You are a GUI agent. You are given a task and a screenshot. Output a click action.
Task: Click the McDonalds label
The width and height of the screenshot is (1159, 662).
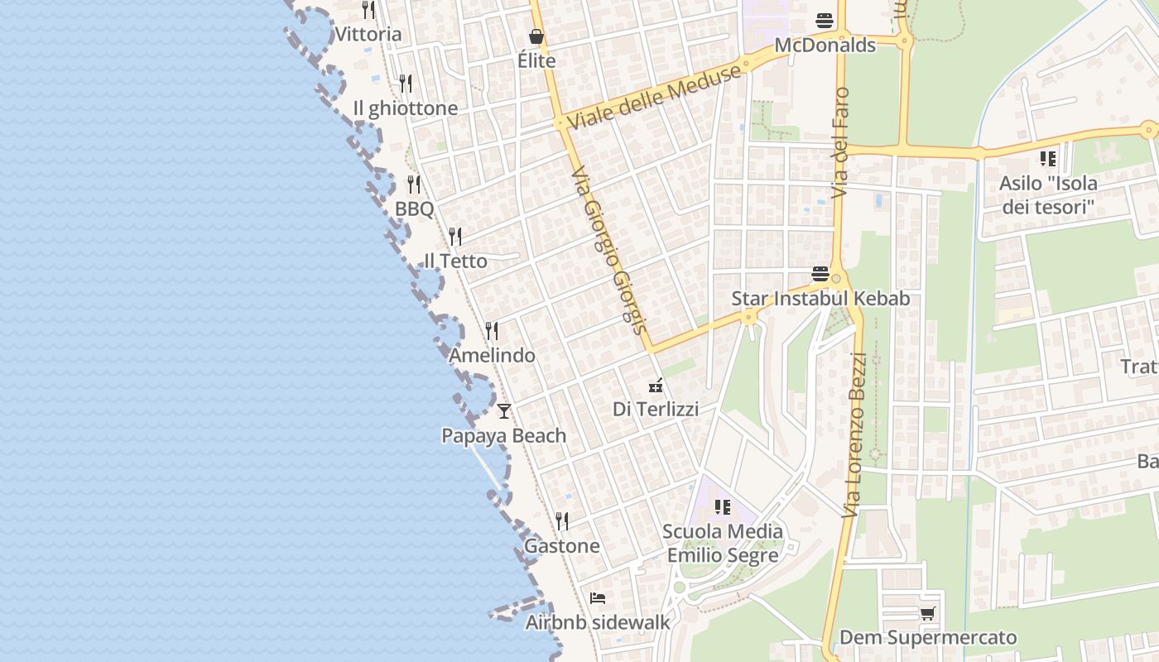point(825,46)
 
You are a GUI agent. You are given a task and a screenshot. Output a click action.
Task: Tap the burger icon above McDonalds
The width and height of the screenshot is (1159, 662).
point(825,20)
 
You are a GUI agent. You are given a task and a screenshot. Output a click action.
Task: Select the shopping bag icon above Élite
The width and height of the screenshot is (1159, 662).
point(536,36)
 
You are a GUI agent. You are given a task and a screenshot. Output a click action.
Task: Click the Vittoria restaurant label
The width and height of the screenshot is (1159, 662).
point(368,35)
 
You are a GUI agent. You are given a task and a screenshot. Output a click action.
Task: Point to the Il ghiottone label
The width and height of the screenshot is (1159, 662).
point(405,108)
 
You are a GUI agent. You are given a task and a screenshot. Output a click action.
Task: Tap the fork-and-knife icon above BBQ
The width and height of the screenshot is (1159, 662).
point(414,185)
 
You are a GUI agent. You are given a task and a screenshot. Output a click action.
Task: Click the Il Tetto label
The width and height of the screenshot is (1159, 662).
point(455,261)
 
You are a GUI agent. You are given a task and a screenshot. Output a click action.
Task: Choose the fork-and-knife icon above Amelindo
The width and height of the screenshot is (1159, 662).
point(492,331)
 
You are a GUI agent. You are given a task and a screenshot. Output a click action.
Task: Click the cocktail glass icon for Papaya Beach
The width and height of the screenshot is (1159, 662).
point(504,410)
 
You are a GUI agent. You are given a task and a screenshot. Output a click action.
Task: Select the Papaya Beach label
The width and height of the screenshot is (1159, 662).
point(503,436)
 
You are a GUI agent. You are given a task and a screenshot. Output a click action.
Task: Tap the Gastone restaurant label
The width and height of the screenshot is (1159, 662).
point(561,546)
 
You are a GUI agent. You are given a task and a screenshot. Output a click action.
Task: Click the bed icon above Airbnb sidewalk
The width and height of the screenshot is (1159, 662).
point(598,597)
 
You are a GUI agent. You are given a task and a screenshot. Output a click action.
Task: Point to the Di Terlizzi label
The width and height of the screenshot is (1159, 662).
point(656,409)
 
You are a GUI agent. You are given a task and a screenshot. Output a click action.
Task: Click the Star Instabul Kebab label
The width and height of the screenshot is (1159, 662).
point(820,299)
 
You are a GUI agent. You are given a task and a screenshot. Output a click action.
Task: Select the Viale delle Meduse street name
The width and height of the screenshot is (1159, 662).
point(654,97)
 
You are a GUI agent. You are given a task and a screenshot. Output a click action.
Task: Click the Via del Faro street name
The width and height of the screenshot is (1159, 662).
point(841,142)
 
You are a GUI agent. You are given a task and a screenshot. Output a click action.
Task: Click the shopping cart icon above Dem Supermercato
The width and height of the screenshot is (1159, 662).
point(927,613)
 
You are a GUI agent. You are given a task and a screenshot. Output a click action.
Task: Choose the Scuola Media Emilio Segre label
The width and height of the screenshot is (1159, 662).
point(723,543)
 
